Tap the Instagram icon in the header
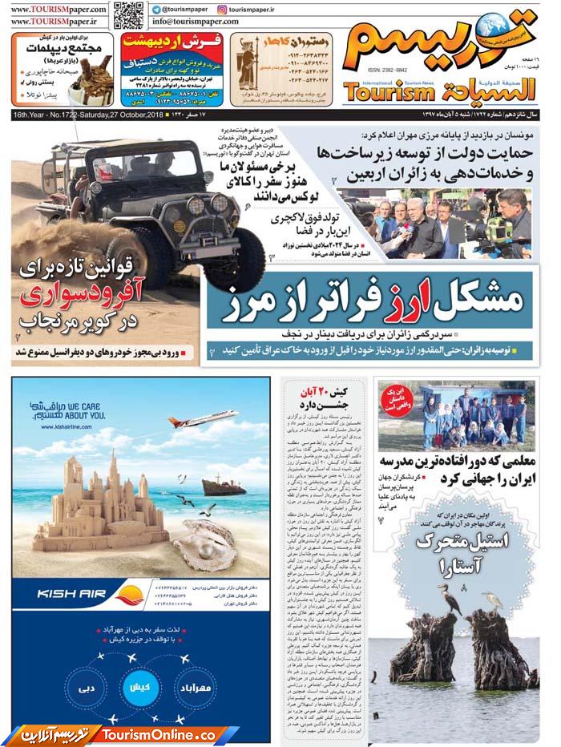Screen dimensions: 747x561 click(222, 9)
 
